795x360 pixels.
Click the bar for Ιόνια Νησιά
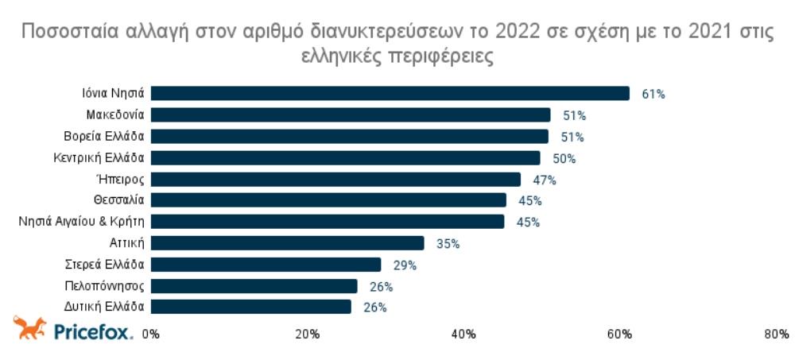point(390,94)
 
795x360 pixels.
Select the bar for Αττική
point(287,243)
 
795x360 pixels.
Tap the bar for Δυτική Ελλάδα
point(250,307)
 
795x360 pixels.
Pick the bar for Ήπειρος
point(335,180)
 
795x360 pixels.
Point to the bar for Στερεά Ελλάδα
point(266,265)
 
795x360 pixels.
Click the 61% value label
point(653,95)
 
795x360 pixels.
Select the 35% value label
point(448,244)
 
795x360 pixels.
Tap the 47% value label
point(545,180)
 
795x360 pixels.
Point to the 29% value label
point(405,265)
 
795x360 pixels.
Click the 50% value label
point(564,159)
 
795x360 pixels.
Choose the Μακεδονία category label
point(114,115)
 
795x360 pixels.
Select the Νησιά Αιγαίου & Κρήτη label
point(81,222)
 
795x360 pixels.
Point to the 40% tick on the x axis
point(463,335)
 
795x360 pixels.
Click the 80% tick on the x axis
point(776,335)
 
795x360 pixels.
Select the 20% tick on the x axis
point(307,335)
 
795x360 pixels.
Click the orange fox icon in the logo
point(30,328)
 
